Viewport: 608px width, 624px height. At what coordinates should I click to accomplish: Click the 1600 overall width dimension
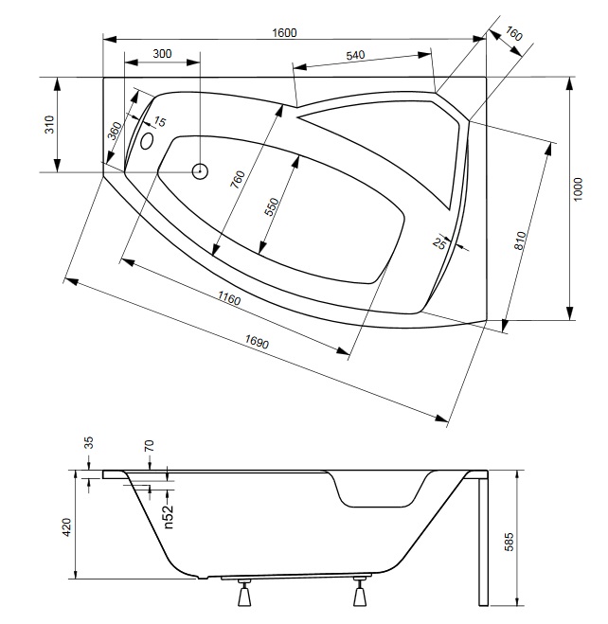pos(284,32)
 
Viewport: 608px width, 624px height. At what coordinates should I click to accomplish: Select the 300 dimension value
pos(162,53)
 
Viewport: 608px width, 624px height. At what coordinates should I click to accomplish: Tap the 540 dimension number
pos(355,55)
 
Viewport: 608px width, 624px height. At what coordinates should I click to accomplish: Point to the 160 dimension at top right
pos(513,34)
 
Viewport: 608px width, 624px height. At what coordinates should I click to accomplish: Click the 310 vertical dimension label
pos(49,124)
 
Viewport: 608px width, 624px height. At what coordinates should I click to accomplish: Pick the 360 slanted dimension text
pos(115,131)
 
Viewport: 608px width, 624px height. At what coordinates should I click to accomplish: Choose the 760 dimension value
pos(238,180)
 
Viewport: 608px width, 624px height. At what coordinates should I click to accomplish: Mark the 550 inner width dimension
pos(272,207)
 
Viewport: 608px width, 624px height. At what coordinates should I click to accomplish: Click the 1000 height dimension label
pos(578,189)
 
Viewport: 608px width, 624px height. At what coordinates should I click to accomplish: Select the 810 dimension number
pos(520,241)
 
